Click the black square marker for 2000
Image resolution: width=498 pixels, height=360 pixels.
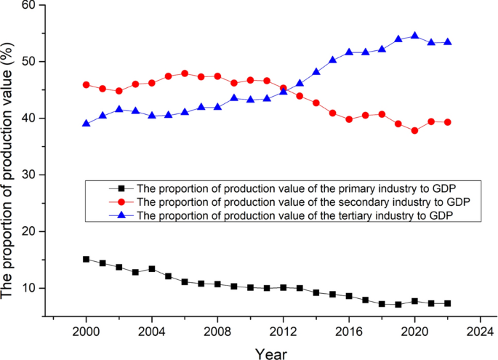click(86, 259)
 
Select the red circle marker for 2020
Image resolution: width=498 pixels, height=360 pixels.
click(414, 131)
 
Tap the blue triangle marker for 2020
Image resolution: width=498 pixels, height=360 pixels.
click(414, 36)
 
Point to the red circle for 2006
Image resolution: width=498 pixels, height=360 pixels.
click(185, 73)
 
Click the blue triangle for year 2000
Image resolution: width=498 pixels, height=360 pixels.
click(86, 124)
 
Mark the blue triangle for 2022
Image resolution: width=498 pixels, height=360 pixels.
click(447, 42)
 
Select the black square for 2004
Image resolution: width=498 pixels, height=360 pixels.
click(152, 269)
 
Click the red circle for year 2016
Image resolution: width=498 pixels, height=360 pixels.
click(349, 119)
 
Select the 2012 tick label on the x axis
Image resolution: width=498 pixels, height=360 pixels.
click(284, 330)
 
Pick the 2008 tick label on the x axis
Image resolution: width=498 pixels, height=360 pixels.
click(217, 330)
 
